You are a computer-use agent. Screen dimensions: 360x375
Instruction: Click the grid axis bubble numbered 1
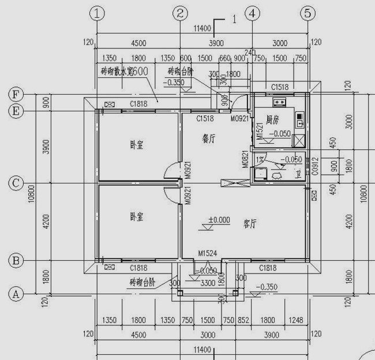coord(100,12)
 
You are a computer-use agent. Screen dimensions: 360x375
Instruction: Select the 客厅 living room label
coord(250,222)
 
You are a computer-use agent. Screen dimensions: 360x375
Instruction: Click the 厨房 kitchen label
coord(272,121)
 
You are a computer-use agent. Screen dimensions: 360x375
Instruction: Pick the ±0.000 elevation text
coord(219,220)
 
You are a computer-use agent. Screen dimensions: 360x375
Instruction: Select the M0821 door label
coord(245,159)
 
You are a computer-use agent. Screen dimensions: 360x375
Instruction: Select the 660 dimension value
coord(224,58)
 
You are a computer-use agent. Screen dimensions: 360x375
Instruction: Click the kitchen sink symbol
coord(279,103)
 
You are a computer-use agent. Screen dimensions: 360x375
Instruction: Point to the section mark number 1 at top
coord(234,19)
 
